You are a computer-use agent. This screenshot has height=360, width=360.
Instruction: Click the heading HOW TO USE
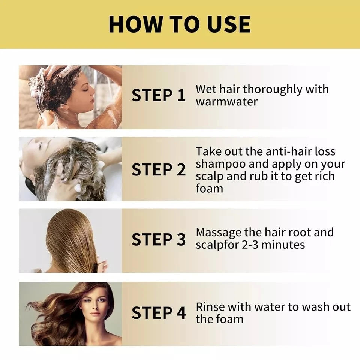coord(180,24)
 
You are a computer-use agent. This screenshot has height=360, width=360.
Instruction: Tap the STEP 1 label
coord(158,95)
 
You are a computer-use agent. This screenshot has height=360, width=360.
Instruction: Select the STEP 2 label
coord(158,170)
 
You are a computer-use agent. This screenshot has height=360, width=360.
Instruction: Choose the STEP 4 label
coord(158,313)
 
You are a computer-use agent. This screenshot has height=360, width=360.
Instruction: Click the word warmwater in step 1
coord(226,102)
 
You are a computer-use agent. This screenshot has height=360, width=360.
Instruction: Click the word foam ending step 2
coord(209,188)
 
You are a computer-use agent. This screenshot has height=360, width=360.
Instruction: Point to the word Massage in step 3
coord(219,232)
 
